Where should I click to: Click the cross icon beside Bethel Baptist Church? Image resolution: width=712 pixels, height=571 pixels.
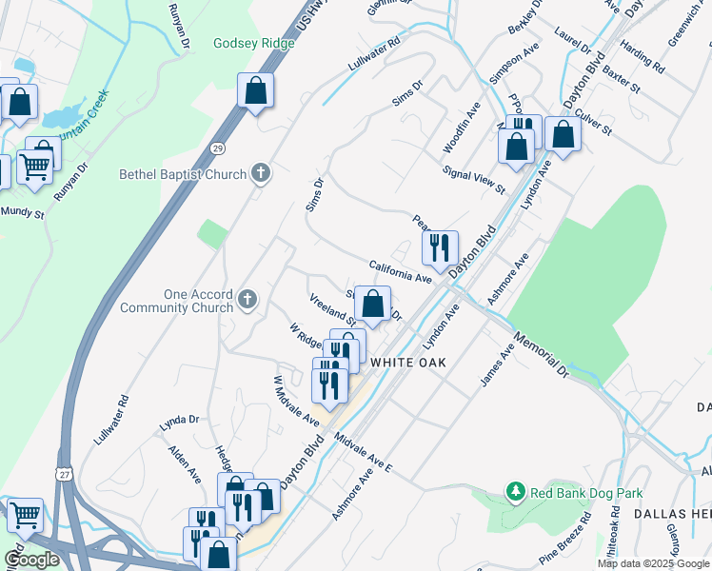[261, 174]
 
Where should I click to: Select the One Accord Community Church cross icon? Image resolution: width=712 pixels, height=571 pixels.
[247, 301]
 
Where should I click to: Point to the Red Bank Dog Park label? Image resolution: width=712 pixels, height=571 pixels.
[586, 493]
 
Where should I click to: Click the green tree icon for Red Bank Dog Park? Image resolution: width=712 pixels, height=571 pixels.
[515, 492]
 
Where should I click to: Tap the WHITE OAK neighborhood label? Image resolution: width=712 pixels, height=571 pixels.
[408, 363]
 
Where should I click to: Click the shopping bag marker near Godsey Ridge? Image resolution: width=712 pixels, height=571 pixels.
[255, 91]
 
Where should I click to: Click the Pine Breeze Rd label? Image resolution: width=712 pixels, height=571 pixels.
[566, 543]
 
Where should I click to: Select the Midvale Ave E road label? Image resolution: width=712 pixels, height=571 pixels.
[363, 452]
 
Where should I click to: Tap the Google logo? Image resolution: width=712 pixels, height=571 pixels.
[32, 561]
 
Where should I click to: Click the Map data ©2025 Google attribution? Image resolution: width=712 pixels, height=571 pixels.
[653, 563]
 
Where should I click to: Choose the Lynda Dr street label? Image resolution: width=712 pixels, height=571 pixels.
[179, 419]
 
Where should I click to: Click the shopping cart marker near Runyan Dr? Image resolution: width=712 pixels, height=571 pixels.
[35, 167]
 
